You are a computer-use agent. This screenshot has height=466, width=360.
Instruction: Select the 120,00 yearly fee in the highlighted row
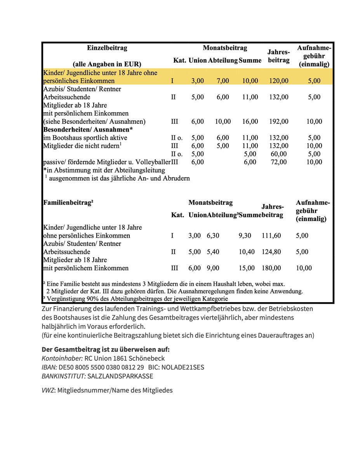point(278,81)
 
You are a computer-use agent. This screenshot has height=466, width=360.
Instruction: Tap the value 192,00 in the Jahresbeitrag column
point(278,122)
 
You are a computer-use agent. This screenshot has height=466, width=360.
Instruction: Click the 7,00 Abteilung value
point(223,81)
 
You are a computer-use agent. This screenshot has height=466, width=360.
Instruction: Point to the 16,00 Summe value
point(250,122)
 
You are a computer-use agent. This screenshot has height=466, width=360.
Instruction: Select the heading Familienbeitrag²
point(68,203)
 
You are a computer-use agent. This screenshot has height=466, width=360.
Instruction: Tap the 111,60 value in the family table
point(271,236)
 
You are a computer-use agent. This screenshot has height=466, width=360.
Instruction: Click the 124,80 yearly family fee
point(271,252)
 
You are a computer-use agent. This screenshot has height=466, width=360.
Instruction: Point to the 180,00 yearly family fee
point(271,268)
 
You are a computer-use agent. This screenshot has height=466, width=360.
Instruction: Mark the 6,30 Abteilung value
point(213,236)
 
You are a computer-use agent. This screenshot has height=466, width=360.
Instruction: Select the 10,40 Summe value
point(247,252)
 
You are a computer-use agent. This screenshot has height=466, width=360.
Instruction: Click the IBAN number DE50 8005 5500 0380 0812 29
point(101,367)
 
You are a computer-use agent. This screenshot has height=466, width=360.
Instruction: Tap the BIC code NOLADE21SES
point(184,367)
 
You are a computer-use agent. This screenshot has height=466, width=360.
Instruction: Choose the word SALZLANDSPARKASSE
point(120,376)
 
